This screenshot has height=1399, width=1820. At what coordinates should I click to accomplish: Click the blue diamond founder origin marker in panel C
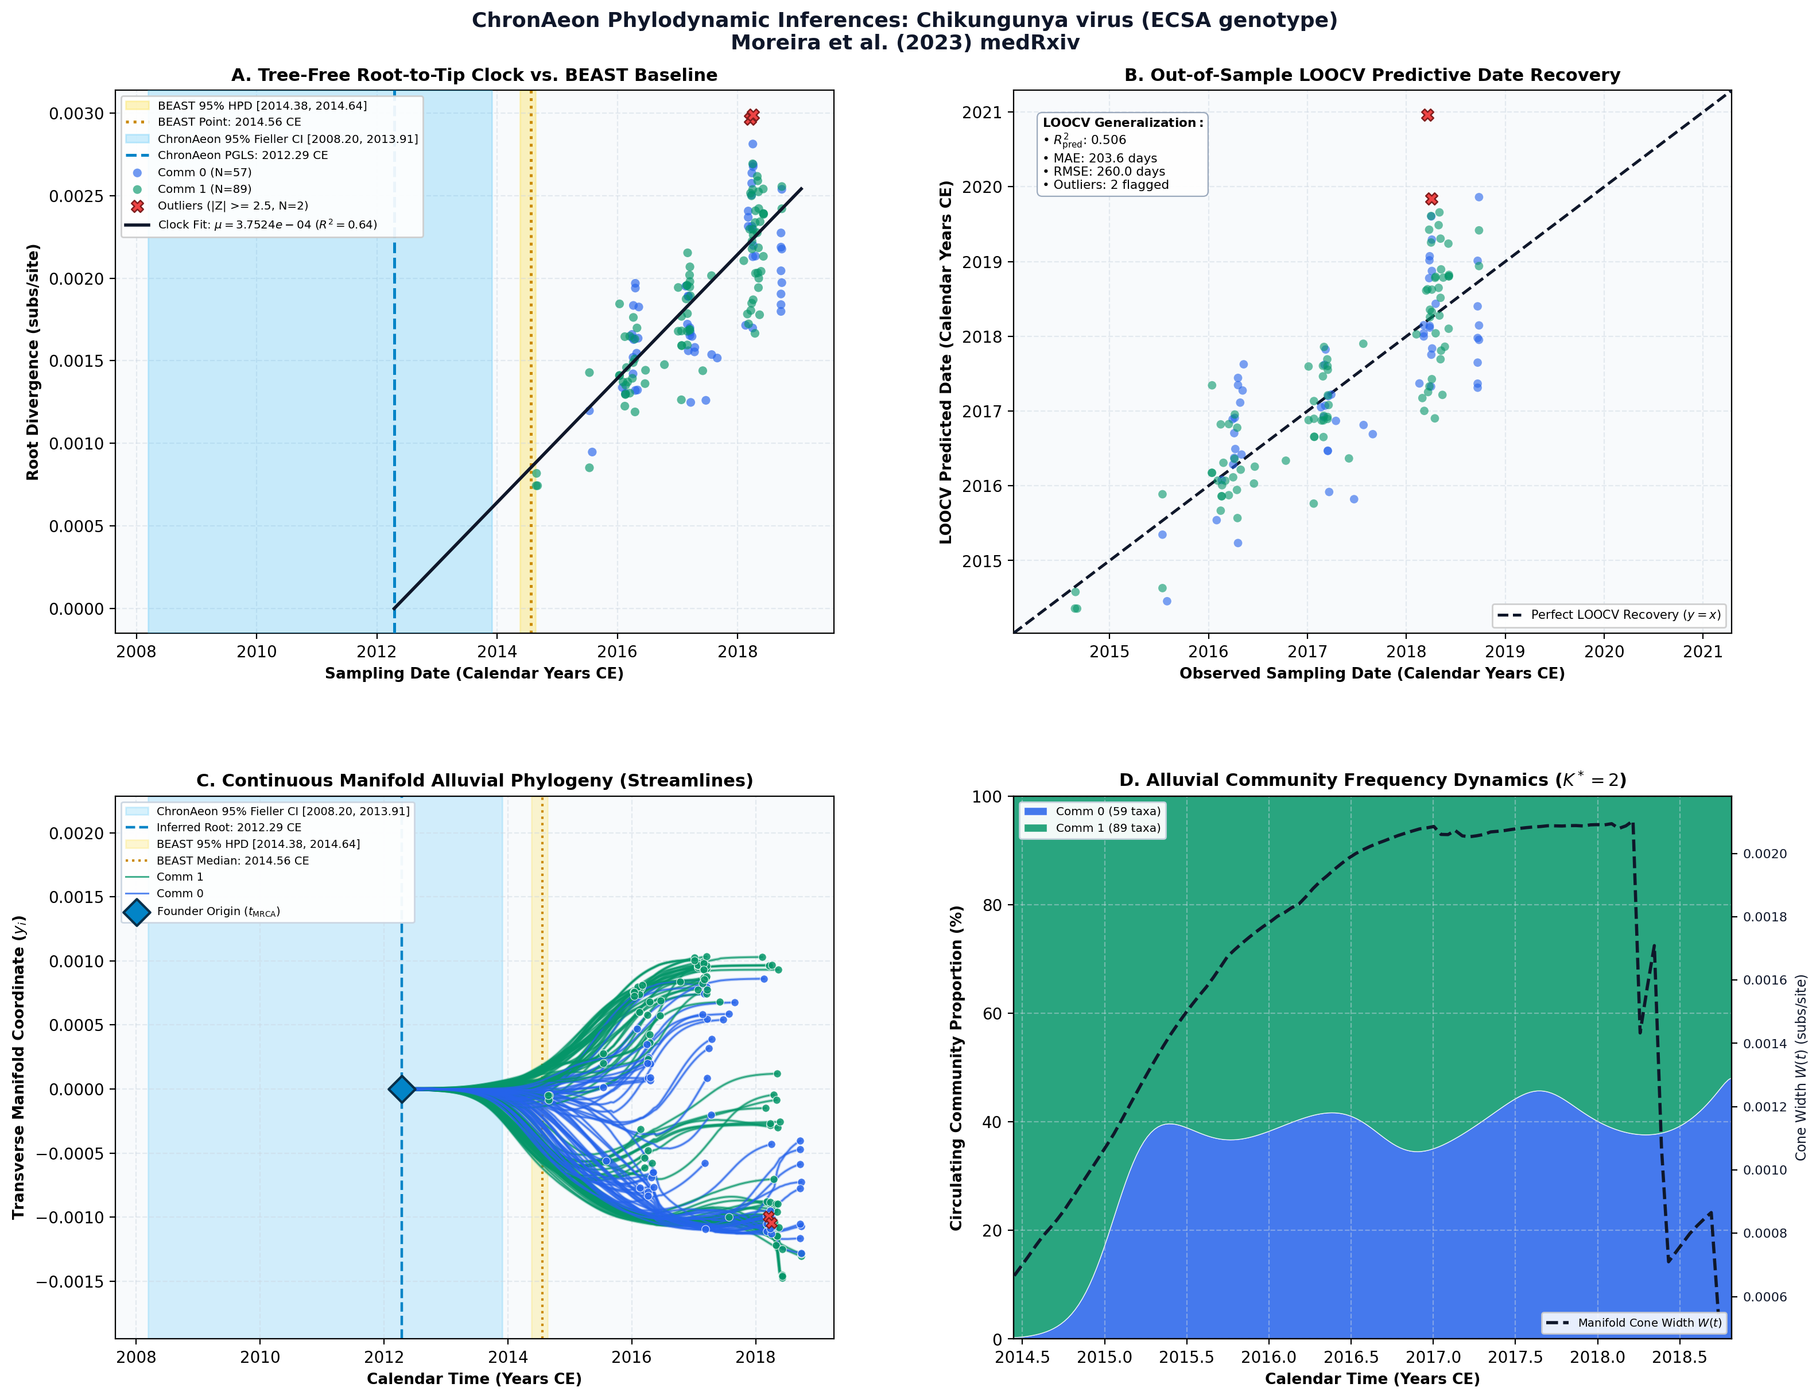click(401, 1088)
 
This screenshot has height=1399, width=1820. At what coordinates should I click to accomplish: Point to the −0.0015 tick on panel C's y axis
click(70, 1281)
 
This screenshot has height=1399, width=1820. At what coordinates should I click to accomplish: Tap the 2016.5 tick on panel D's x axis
click(1351, 1357)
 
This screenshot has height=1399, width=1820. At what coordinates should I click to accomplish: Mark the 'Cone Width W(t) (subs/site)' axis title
click(1801, 1068)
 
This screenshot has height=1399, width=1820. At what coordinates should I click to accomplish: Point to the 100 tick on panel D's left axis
click(987, 797)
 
